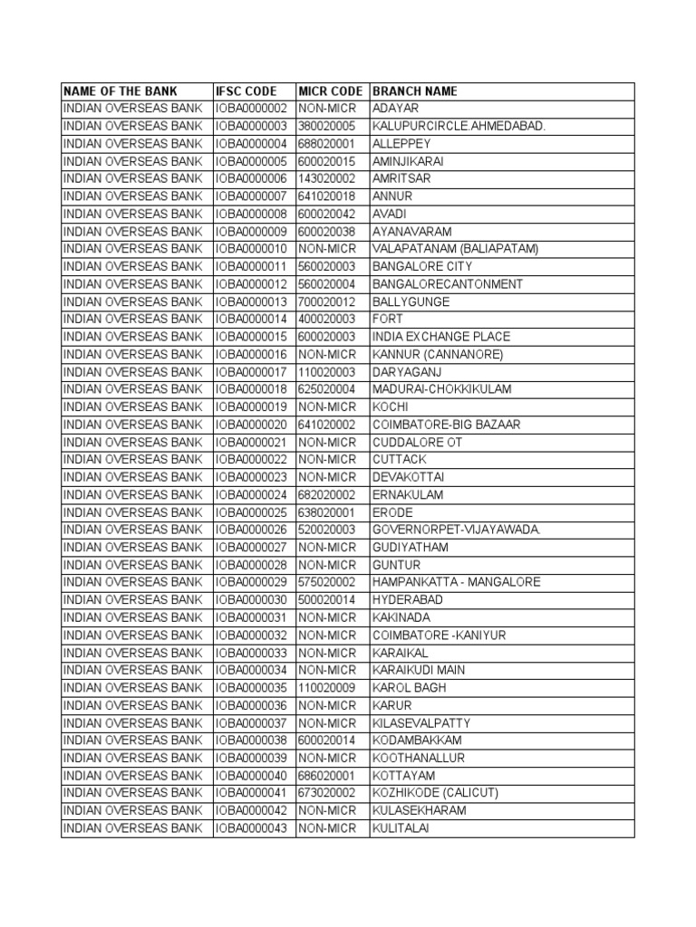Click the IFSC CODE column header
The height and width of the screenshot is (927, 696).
[x=246, y=91]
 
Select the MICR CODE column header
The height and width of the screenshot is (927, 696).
[x=331, y=91]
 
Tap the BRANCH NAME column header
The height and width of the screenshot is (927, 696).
[x=415, y=91]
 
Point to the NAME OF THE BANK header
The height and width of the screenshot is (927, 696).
[x=121, y=91]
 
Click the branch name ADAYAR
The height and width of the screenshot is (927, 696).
[x=395, y=109]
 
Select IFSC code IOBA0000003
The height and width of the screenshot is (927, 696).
[x=251, y=127]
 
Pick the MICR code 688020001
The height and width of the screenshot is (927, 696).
[x=327, y=144]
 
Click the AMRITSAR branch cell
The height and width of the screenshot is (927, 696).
[x=401, y=179]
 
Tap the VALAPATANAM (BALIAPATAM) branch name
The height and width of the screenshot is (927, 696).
[x=456, y=249]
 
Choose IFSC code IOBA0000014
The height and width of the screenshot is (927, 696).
[x=251, y=320]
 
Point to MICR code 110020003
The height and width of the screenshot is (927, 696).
[x=327, y=372]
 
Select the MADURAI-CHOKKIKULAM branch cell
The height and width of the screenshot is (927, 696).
[x=442, y=389]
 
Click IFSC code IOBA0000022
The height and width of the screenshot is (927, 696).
[x=251, y=460]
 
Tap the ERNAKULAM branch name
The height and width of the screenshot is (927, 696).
[x=408, y=495]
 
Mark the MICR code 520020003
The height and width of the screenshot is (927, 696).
[x=327, y=530]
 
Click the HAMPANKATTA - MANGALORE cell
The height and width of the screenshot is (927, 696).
[x=457, y=582]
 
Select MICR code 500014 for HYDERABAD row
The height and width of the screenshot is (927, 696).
[x=327, y=600]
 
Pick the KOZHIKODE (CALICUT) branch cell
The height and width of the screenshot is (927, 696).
[x=435, y=793]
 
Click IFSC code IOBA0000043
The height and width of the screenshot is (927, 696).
[x=251, y=827]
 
